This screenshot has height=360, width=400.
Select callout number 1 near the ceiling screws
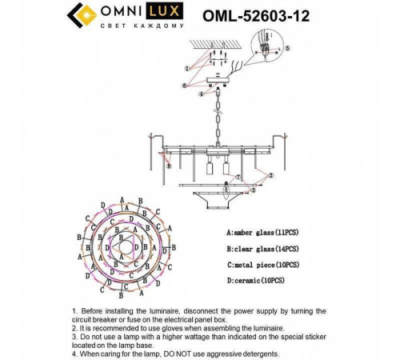coord(186,68)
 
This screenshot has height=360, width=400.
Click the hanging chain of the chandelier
coord(214,120)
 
